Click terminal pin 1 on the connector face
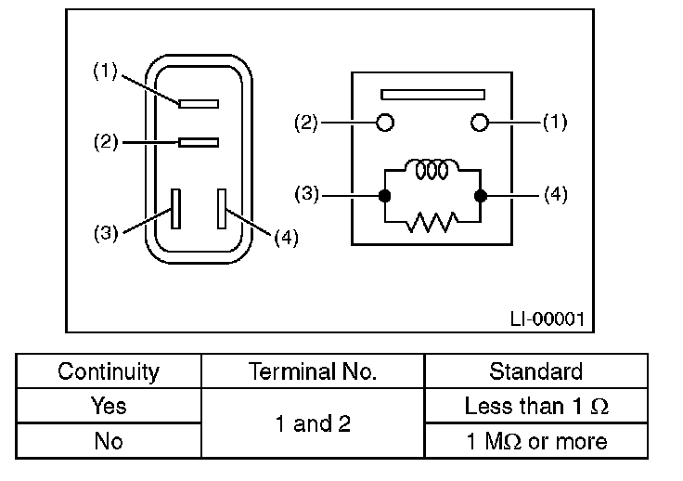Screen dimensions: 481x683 point(199,105)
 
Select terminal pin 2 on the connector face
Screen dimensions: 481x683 point(199,142)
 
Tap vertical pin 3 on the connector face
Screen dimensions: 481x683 point(175,209)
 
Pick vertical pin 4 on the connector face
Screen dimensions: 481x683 point(223,209)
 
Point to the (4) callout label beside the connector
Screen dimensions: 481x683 point(286,237)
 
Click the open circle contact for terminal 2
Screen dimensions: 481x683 point(385,123)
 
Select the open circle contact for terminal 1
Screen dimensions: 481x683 point(480,123)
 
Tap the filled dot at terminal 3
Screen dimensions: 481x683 point(383,196)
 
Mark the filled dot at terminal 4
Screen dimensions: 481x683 point(481,196)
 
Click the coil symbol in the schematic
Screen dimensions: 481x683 point(432,171)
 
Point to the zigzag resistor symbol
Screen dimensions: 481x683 point(432,223)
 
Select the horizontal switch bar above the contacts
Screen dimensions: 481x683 point(432,95)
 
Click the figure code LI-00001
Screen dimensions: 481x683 point(547,318)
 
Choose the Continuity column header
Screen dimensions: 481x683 point(109,371)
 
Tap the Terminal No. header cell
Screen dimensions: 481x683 point(313,371)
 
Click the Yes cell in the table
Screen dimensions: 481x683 point(109,406)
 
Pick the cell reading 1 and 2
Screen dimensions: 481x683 point(313,423)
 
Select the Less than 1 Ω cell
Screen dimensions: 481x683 point(536,406)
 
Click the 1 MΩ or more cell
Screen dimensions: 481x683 point(536,441)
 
